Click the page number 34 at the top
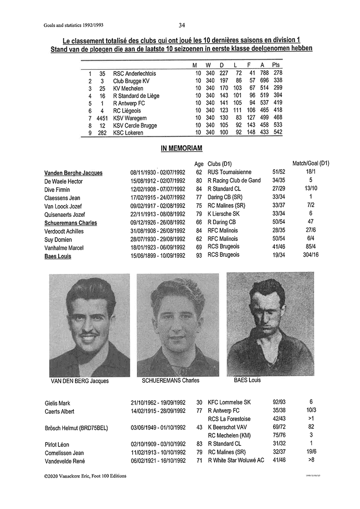pos(182,25)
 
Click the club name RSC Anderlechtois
pos(134,73)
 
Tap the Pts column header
pos(276,65)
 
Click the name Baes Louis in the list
pos(58,256)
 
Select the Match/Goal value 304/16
pos(311,255)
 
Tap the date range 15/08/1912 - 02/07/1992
pos(158,181)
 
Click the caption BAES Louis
pos(247,380)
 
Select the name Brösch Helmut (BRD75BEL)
pos(76,428)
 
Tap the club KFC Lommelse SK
pos(230,402)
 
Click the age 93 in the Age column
pos(199,255)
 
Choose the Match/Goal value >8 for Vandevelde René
pos(311,460)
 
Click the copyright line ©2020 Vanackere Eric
pos(85,476)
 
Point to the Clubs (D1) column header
pos(219,164)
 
